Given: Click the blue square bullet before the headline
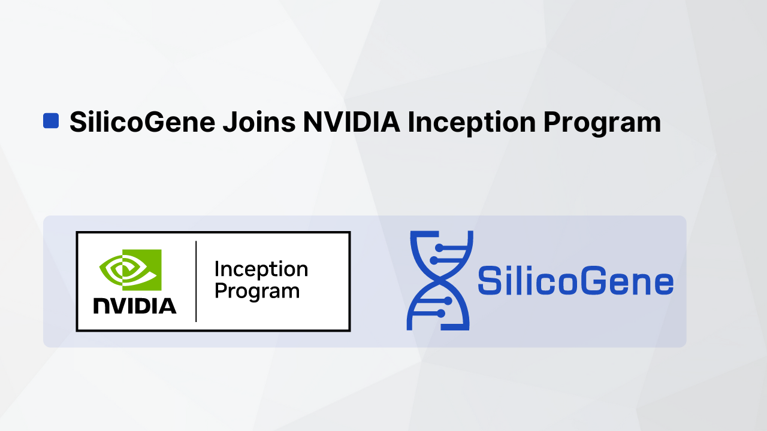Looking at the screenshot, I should (x=51, y=120).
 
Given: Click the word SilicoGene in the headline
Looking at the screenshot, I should (x=142, y=122).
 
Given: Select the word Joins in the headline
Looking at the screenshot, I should (x=259, y=122).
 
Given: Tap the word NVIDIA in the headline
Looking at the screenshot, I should (x=351, y=122).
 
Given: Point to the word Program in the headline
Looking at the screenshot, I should (x=602, y=122).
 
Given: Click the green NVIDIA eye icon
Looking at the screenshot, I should (x=130, y=270).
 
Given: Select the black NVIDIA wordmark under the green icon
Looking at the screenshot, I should (x=135, y=305).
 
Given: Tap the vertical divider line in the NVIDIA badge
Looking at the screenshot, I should (x=196, y=281).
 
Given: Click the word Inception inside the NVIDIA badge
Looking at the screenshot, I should (x=261, y=270).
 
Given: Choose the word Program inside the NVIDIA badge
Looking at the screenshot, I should (x=257, y=292).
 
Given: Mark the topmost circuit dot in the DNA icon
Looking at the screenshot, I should (x=439, y=247).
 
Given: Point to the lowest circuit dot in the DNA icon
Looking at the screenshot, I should (x=441, y=313).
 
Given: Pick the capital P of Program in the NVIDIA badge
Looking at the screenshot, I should (x=220, y=292).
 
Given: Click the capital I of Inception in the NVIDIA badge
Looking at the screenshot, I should (x=217, y=270).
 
